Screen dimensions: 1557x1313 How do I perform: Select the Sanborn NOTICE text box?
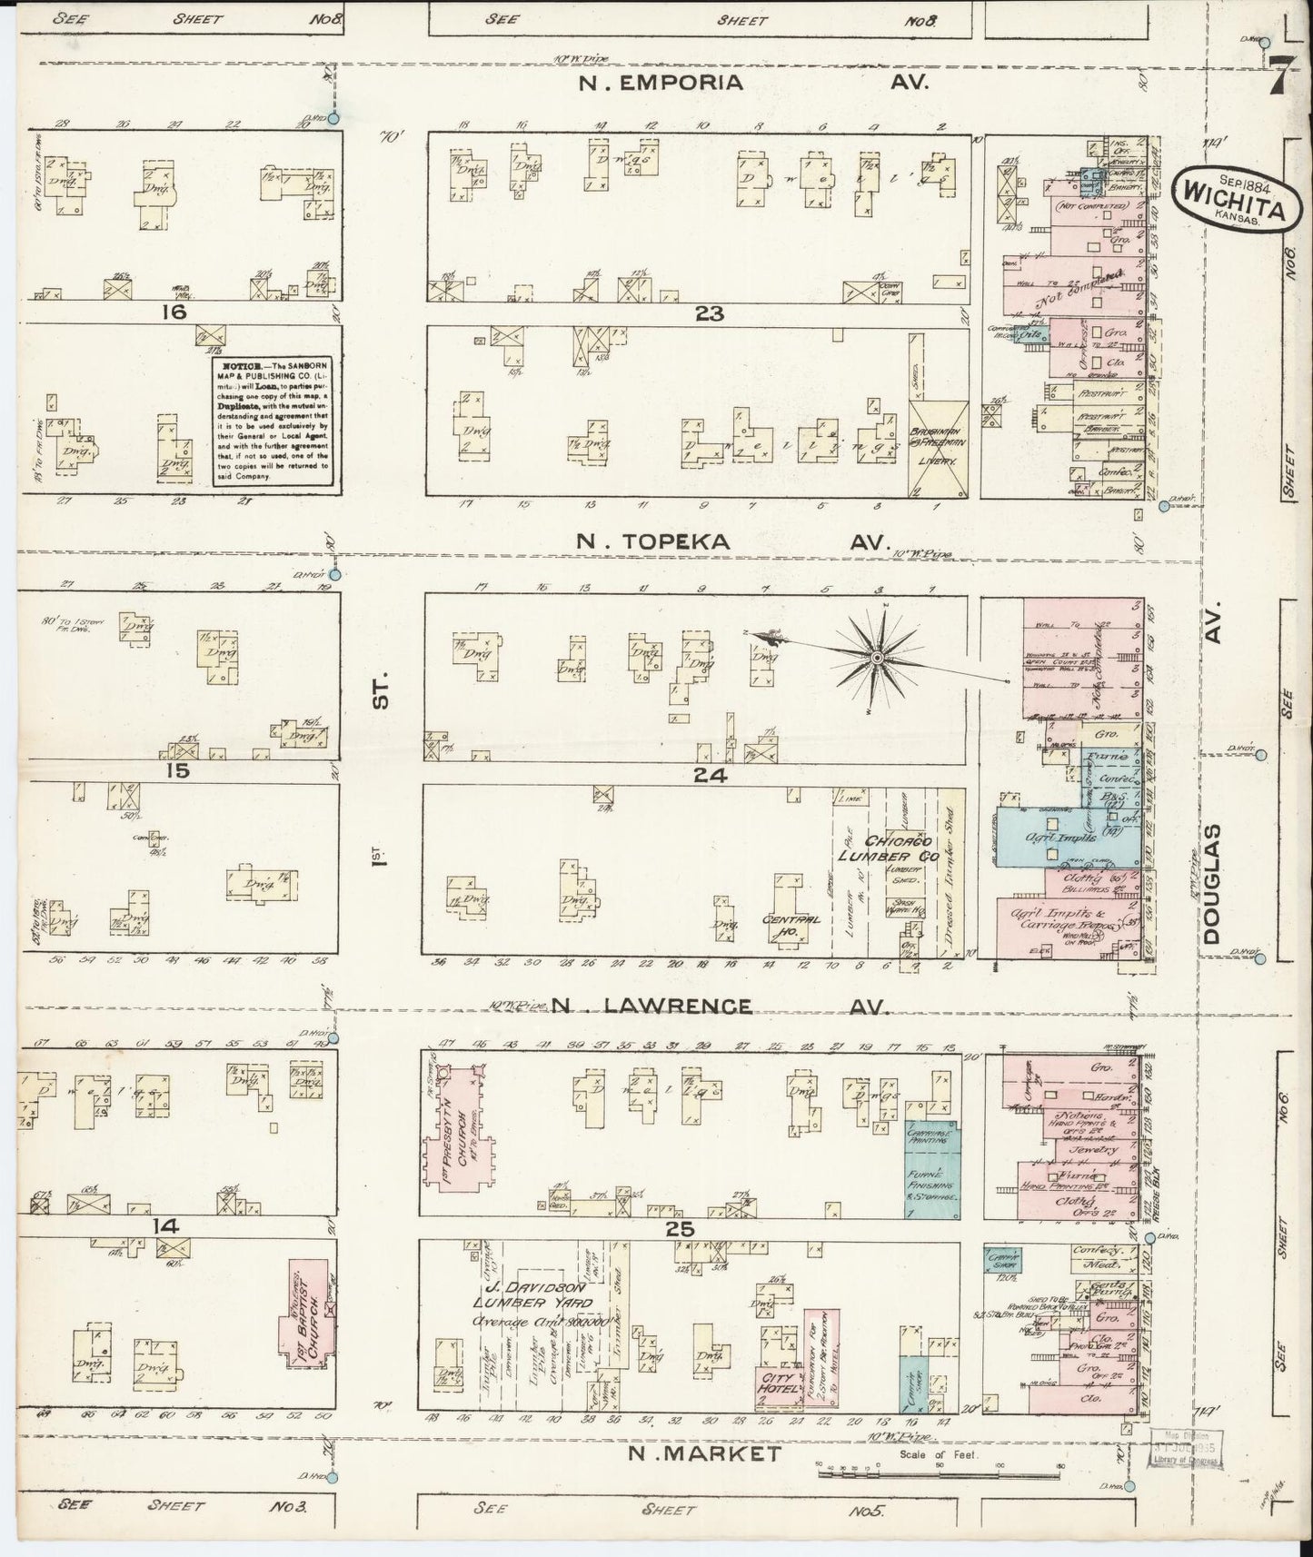272,423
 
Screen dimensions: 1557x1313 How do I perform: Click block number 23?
709,313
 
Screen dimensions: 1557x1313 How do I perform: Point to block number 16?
173,313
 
